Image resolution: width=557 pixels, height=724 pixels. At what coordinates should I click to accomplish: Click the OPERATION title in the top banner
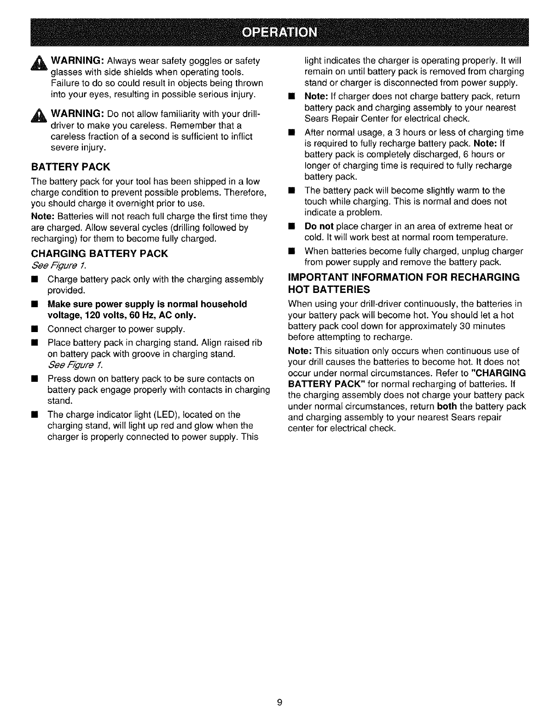[x=279, y=33]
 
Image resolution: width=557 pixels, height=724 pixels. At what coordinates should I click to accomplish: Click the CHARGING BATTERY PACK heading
[x=99, y=254]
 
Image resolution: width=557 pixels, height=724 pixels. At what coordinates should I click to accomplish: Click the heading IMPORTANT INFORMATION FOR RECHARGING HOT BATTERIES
[x=403, y=283]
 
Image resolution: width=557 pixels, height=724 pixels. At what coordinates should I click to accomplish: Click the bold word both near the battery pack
[x=447, y=407]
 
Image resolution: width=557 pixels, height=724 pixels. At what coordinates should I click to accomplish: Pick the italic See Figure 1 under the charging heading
[x=58, y=266]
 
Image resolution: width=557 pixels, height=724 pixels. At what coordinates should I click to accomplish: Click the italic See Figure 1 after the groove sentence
[x=75, y=365]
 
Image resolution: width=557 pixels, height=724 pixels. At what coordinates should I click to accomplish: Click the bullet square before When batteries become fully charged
[x=291, y=251]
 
